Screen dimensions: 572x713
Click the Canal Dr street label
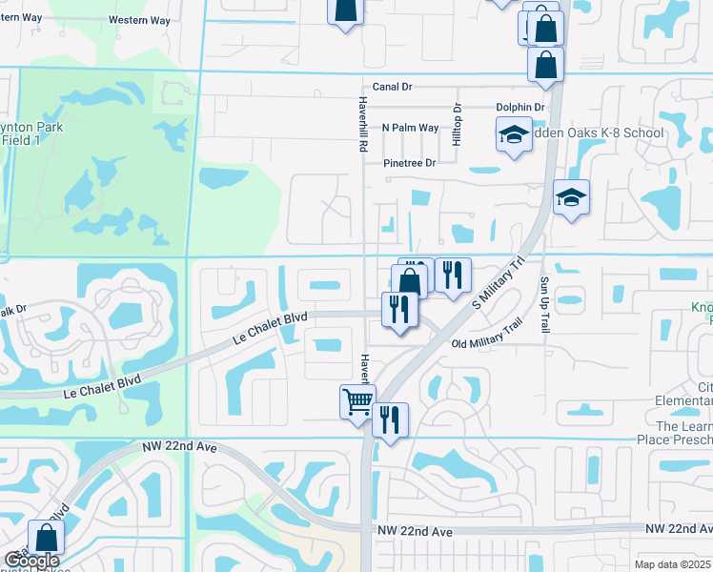tap(392, 86)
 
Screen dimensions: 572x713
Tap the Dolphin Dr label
tap(519, 108)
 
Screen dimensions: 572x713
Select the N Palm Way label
tap(410, 128)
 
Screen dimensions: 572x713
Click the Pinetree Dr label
tap(409, 163)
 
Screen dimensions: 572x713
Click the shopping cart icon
tap(357, 401)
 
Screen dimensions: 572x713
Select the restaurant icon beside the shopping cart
tap(390, 419)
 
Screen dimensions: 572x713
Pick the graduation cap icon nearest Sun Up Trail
tap(571, 197)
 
